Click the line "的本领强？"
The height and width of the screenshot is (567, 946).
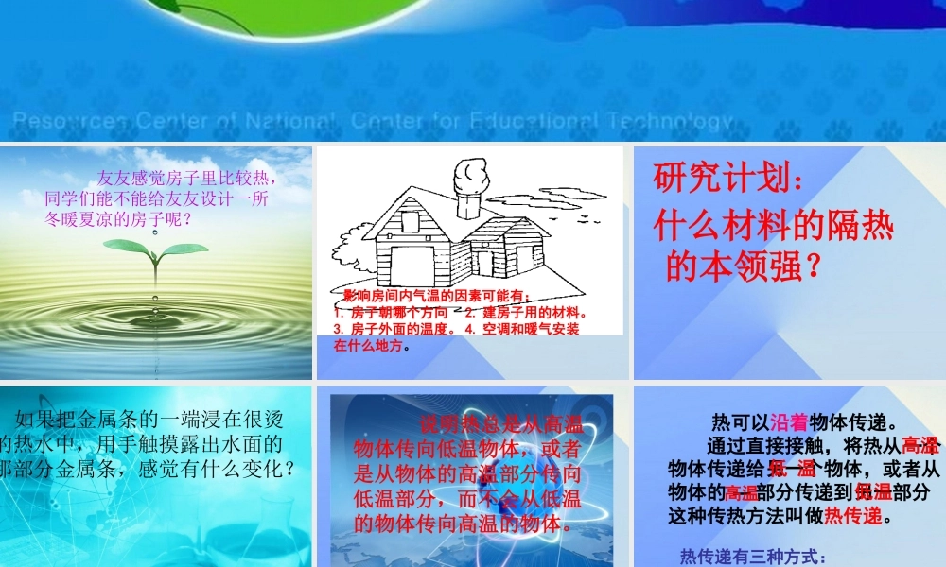(742, 268)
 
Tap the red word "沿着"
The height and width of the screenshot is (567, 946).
(789, 422)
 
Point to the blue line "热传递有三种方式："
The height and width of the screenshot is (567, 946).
(754, 557)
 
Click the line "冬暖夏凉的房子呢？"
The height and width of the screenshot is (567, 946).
(120, 219)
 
